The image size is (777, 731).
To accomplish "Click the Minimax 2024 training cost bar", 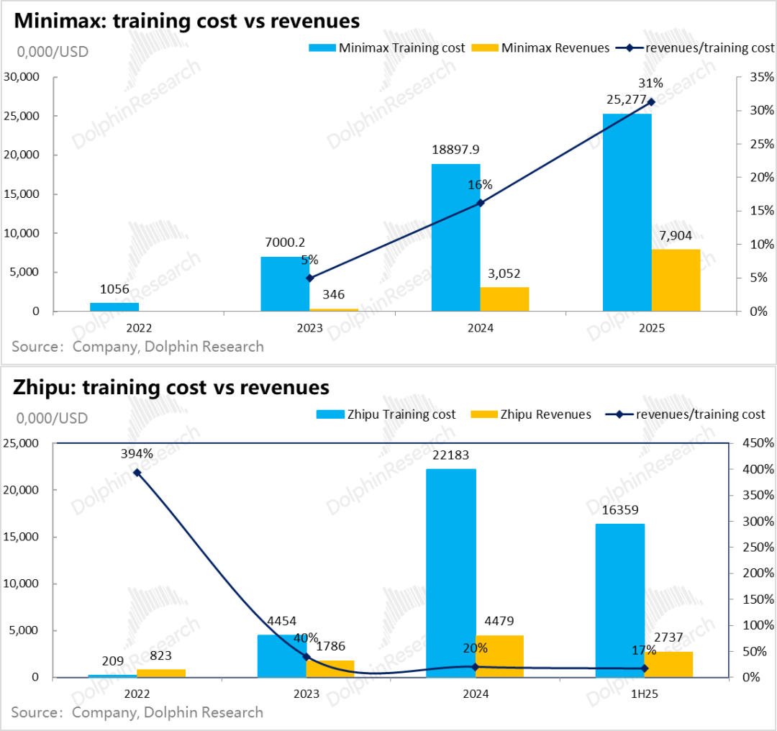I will click(x=456, y=237).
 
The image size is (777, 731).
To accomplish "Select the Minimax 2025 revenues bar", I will click(x=676, y=281).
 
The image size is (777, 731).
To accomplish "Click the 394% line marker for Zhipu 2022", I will click(x=137, y=473).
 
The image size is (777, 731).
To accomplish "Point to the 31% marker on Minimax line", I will click(x=652, y=102).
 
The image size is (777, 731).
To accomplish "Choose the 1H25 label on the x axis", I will click(x=645, y=694).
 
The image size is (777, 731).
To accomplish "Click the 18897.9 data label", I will click(x=455, y=150).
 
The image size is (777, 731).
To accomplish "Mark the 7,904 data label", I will click(x=676, y=235).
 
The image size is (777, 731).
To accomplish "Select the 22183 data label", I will click(x=452, y=455).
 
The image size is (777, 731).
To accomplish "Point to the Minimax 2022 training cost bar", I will click(x=114, y=307).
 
